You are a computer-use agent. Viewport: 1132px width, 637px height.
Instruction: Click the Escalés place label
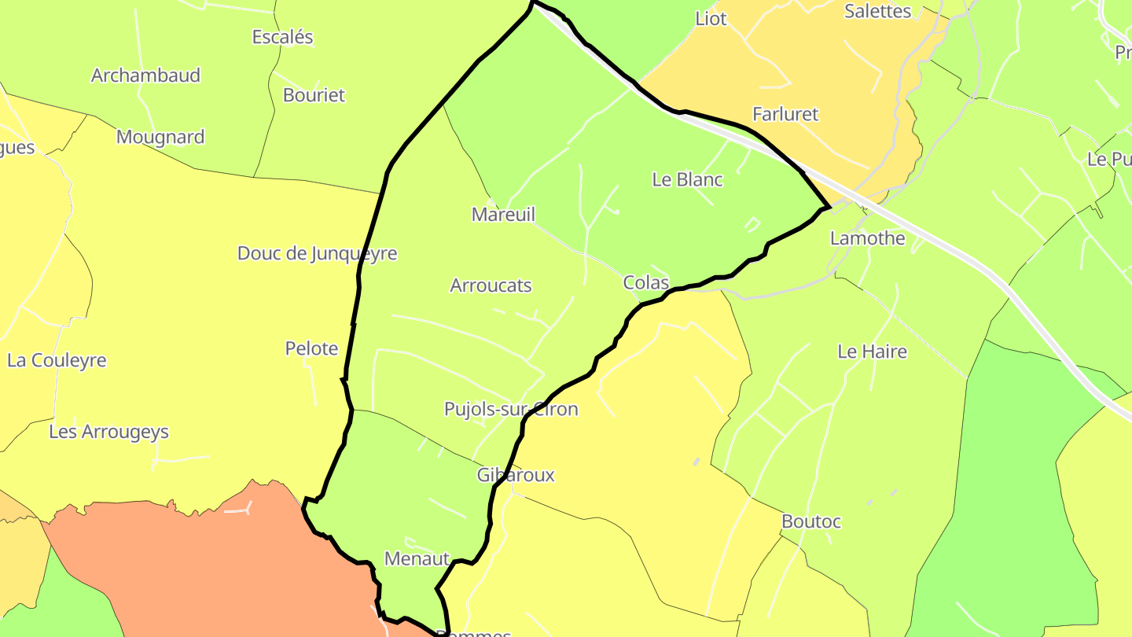pyautogui.click(x=282, y=37)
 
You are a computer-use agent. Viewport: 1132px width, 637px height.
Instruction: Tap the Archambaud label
pyautogui.click(x=146, y=75)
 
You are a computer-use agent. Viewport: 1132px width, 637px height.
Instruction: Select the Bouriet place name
pyautogui.click(x=314, y=95)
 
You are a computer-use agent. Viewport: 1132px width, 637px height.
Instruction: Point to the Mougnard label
pyautogui.click(x=160, y=137)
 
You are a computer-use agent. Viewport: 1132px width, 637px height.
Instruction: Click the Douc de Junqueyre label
pyautogui.click(x=317, y=253)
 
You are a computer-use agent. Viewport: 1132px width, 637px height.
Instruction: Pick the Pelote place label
pyautogui.click(x=311, y=348)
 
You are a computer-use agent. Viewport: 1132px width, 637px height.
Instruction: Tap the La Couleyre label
pyautogui.click(x=57, y=360)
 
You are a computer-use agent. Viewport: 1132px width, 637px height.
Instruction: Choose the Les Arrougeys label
pyautogui.click(x=108, y=432)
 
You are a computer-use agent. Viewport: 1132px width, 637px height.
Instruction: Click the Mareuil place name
pyautogui.click(x=503, y=214)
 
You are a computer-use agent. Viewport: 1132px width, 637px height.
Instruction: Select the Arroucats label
pyautogui.click(x=491, y=285)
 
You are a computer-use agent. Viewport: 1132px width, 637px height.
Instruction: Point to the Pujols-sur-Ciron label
pyautogui.click(x=511, y=409)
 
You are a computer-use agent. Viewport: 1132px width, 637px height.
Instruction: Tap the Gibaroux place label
pyautogui.click(x=516, y=475)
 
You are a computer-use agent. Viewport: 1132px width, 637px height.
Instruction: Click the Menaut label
pyautogui.click(x=417, y=558)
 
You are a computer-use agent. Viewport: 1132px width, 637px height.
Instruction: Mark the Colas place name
pyautogui.click(x=645, y=282)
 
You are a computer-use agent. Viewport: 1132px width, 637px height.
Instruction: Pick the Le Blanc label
pyautogui.click(x=687, y=179)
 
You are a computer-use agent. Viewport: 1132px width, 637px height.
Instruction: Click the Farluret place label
pyautogui.click(x=785, y=114)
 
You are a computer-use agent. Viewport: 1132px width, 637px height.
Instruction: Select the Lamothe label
pyautogui.click(x=868, y=238)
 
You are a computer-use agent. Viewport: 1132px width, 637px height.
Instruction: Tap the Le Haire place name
pyautogui.click(x=872, y=352)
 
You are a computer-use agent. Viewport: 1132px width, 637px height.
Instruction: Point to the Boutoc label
pyautogui.click(x=811, y=521)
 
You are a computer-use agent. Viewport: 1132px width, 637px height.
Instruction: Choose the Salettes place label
pyautogui.click(x=877, y=11)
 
